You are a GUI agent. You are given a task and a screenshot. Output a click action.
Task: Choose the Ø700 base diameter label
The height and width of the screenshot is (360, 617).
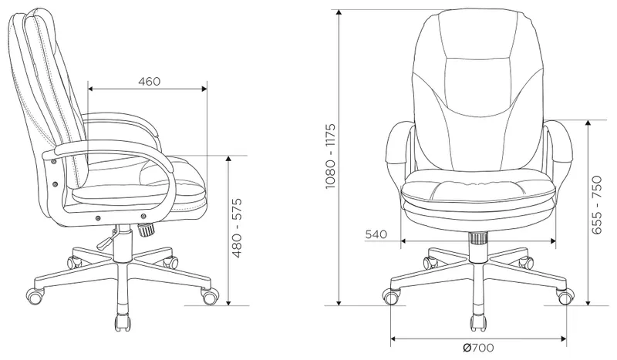(480, 348)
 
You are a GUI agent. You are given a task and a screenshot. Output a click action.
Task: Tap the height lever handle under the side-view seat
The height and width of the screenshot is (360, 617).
(101, 240)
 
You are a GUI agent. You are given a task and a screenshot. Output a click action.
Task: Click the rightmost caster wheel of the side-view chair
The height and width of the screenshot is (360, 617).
(209, 295)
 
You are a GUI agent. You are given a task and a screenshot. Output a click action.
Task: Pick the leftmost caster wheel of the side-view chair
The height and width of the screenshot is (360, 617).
(35, 294)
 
